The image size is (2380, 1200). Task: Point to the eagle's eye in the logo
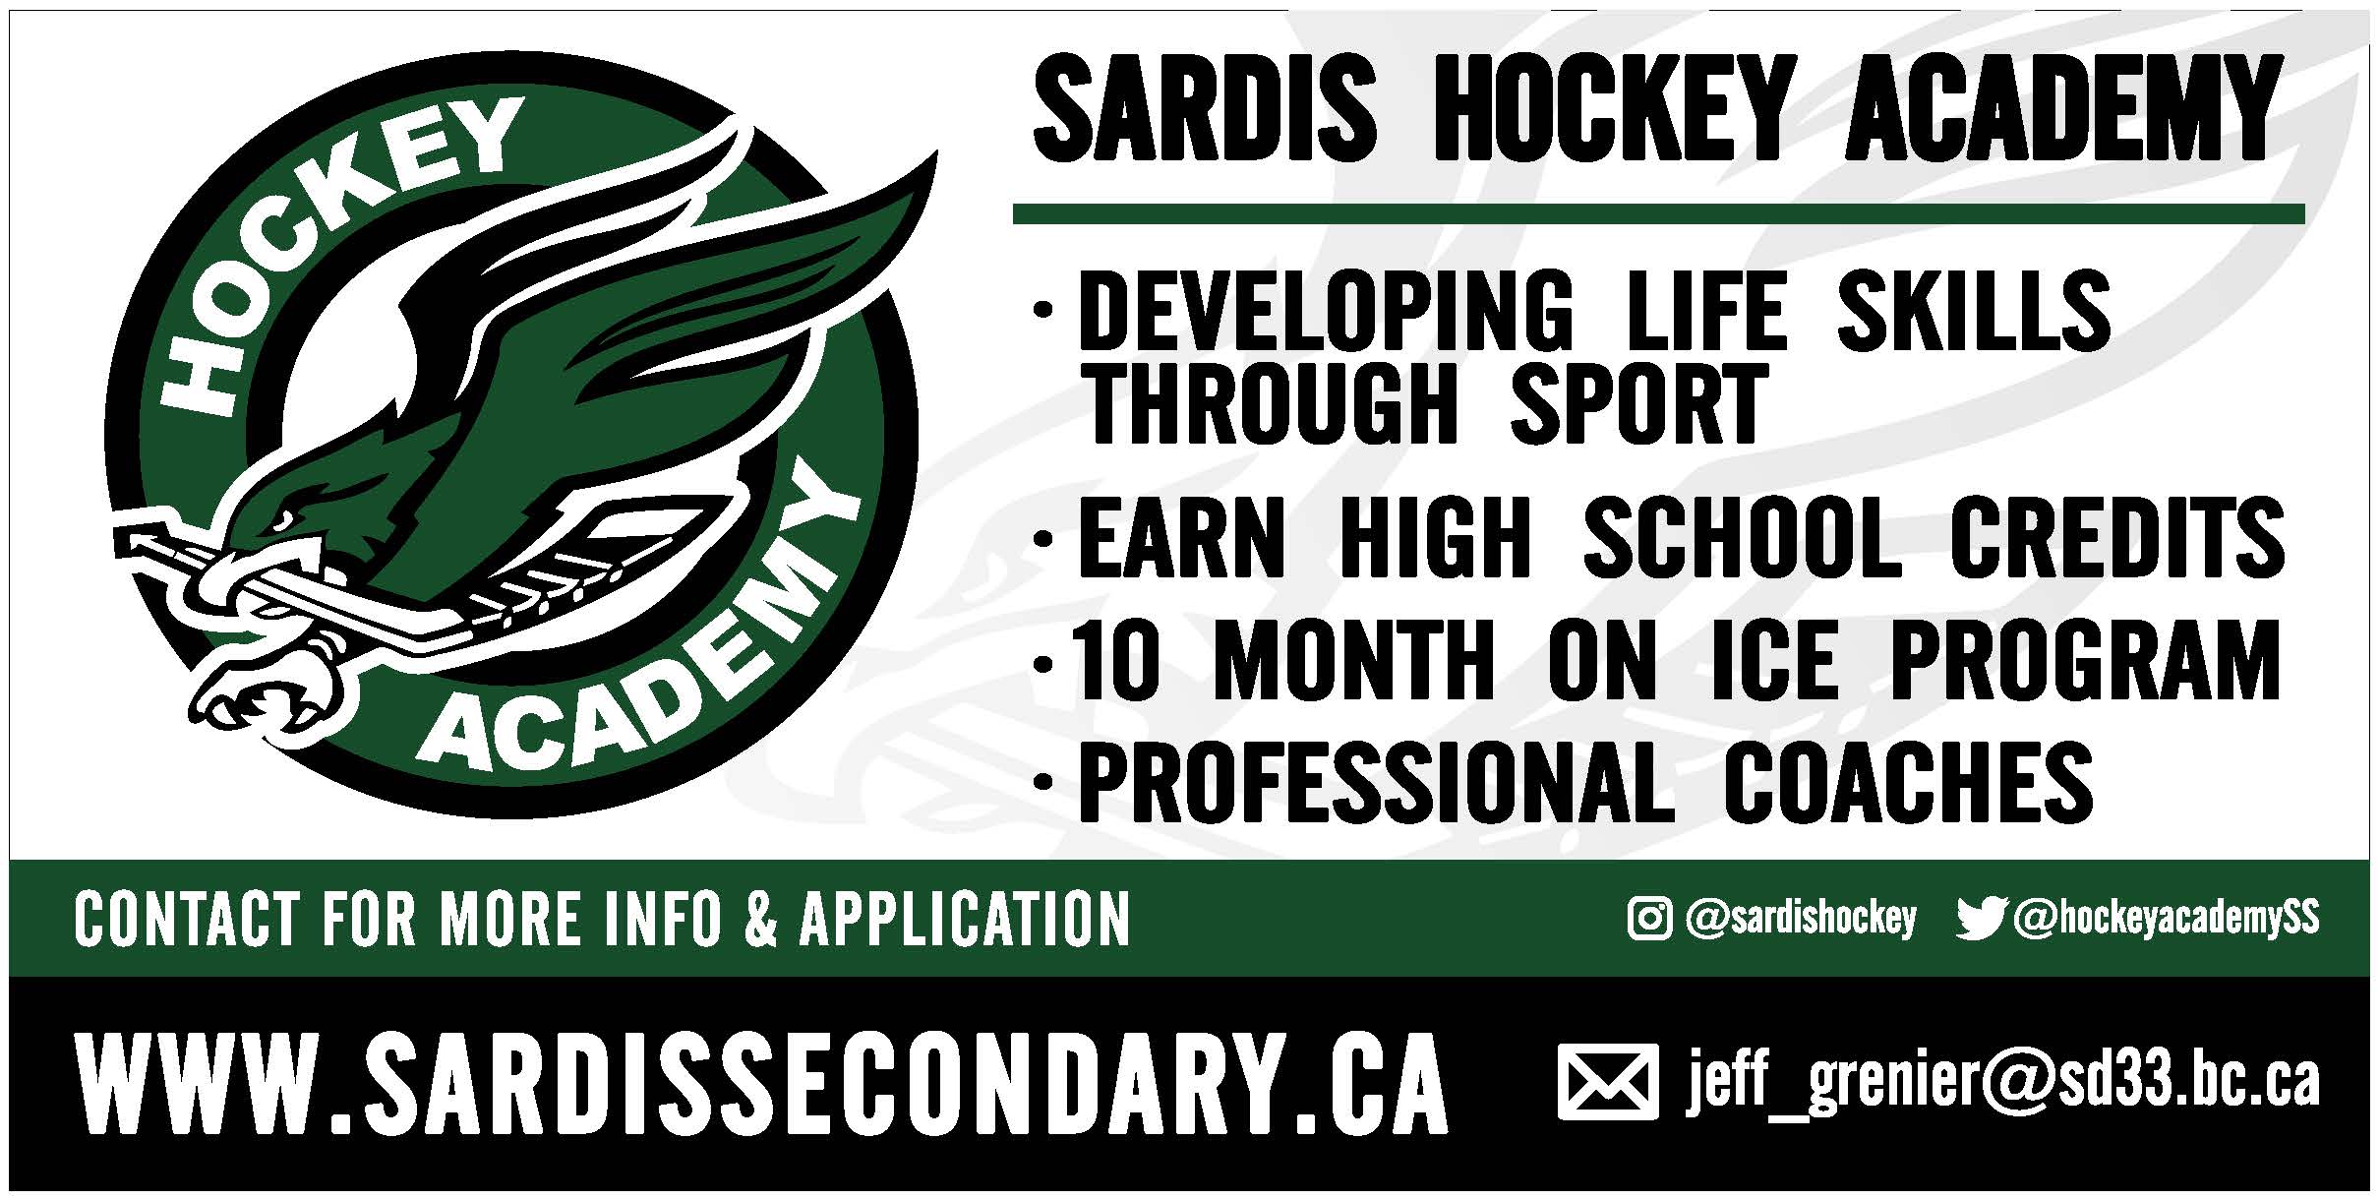[x=284, y=518]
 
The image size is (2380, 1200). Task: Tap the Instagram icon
[x=1649, y=919]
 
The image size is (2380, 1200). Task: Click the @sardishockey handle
[x=1801, y=919]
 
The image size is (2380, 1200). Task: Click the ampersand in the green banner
[x=760, y=919]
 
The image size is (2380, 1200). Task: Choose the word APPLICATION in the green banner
[x=965, y=919]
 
